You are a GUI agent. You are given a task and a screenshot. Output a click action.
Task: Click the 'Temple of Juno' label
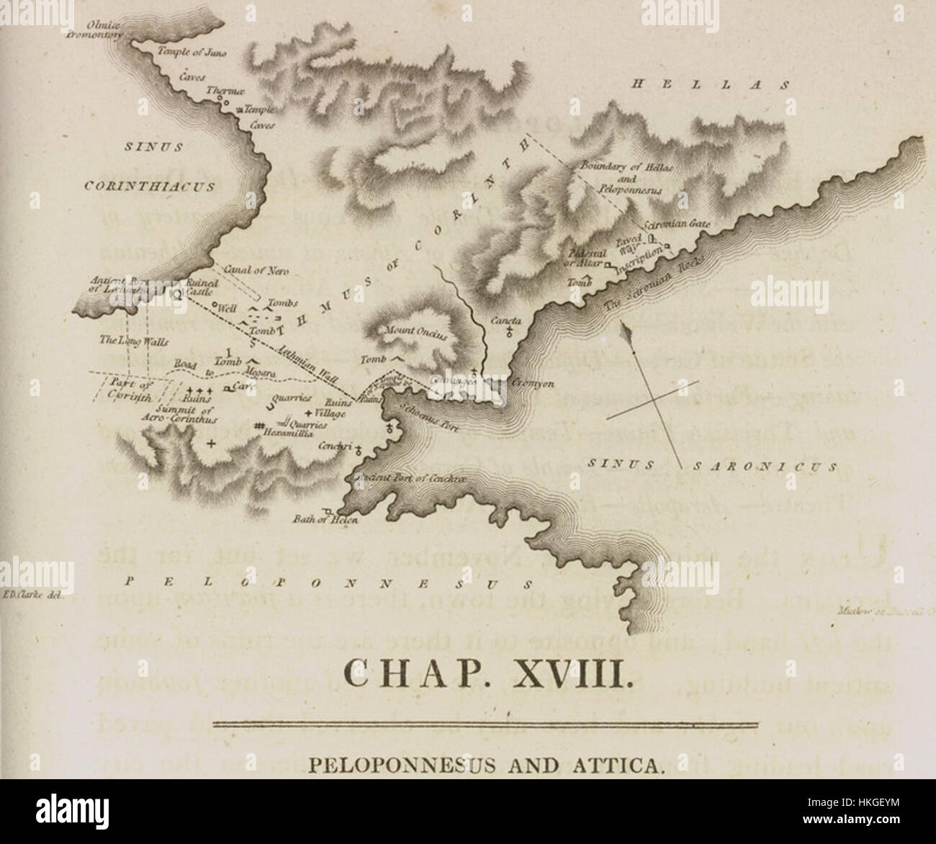click(186, 50)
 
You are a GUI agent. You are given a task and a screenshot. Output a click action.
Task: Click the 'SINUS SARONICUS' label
click(711, 466)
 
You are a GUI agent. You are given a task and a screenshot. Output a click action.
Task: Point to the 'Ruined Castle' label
click(198, 288)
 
